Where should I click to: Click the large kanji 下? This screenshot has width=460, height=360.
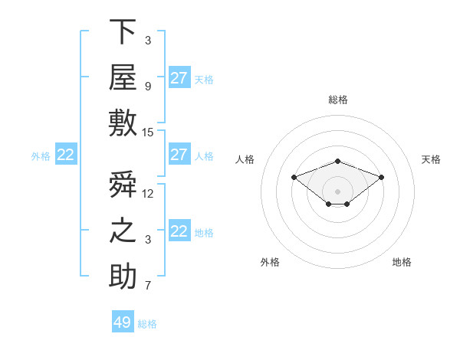tap(123, 31)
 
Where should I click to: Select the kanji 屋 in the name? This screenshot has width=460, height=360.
tap(123, 77)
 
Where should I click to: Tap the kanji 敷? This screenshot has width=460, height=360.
tap(123, 123)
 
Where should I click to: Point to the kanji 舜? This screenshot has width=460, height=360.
tap(123, 184)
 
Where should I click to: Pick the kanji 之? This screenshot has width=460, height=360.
tap(123, 231)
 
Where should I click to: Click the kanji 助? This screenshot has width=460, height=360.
tap(123, 276)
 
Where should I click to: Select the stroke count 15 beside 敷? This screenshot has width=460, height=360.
tap(147, 133)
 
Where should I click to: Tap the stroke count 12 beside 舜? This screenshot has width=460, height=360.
tap(147, 194)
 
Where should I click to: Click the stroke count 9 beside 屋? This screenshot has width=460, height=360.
tap(148, 87)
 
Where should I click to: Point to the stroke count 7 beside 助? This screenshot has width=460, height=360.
tap(148, 286)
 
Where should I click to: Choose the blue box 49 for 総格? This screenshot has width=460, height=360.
tap(123, 321)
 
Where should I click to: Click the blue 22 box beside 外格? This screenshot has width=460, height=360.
tap(66, 154)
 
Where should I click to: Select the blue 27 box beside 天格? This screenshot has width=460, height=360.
tap(179, 77)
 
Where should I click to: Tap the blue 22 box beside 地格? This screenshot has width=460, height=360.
tap(179, 230)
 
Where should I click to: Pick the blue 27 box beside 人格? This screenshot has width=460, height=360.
tap(179, 154)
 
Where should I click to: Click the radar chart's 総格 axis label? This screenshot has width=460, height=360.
tap(338, 100)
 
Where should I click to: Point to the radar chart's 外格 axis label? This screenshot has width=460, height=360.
tap(270, 262)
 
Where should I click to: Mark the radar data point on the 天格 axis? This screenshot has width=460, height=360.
tap(381, 178)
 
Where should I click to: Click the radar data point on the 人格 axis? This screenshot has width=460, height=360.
tap(294, 178)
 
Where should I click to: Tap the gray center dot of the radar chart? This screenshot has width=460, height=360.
tap(337, 191)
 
